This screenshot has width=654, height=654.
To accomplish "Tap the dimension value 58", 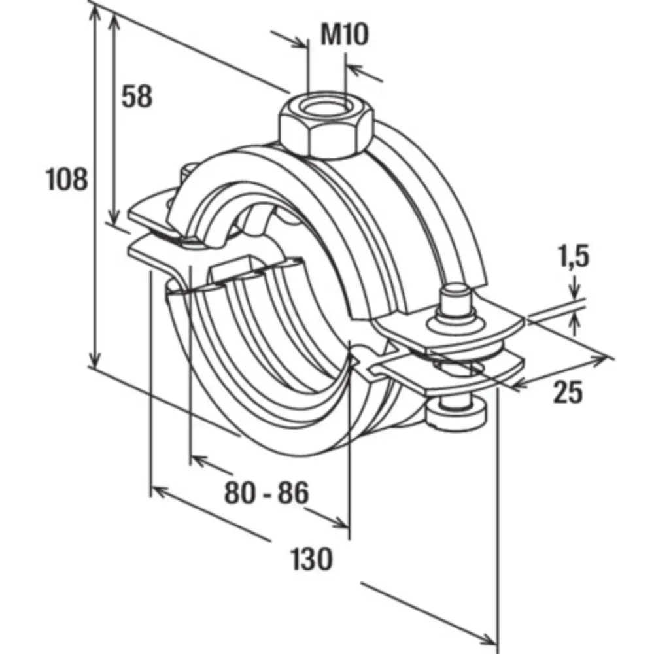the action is (137, 96).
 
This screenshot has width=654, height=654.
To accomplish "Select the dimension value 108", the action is (67, 179).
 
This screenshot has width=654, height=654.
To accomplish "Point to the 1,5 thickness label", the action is (574, 256).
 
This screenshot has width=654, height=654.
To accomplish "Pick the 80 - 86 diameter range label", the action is (267, 492).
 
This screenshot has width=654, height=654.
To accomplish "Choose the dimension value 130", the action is (311, 559).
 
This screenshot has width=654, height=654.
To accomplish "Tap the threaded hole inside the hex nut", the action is (326, 108).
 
